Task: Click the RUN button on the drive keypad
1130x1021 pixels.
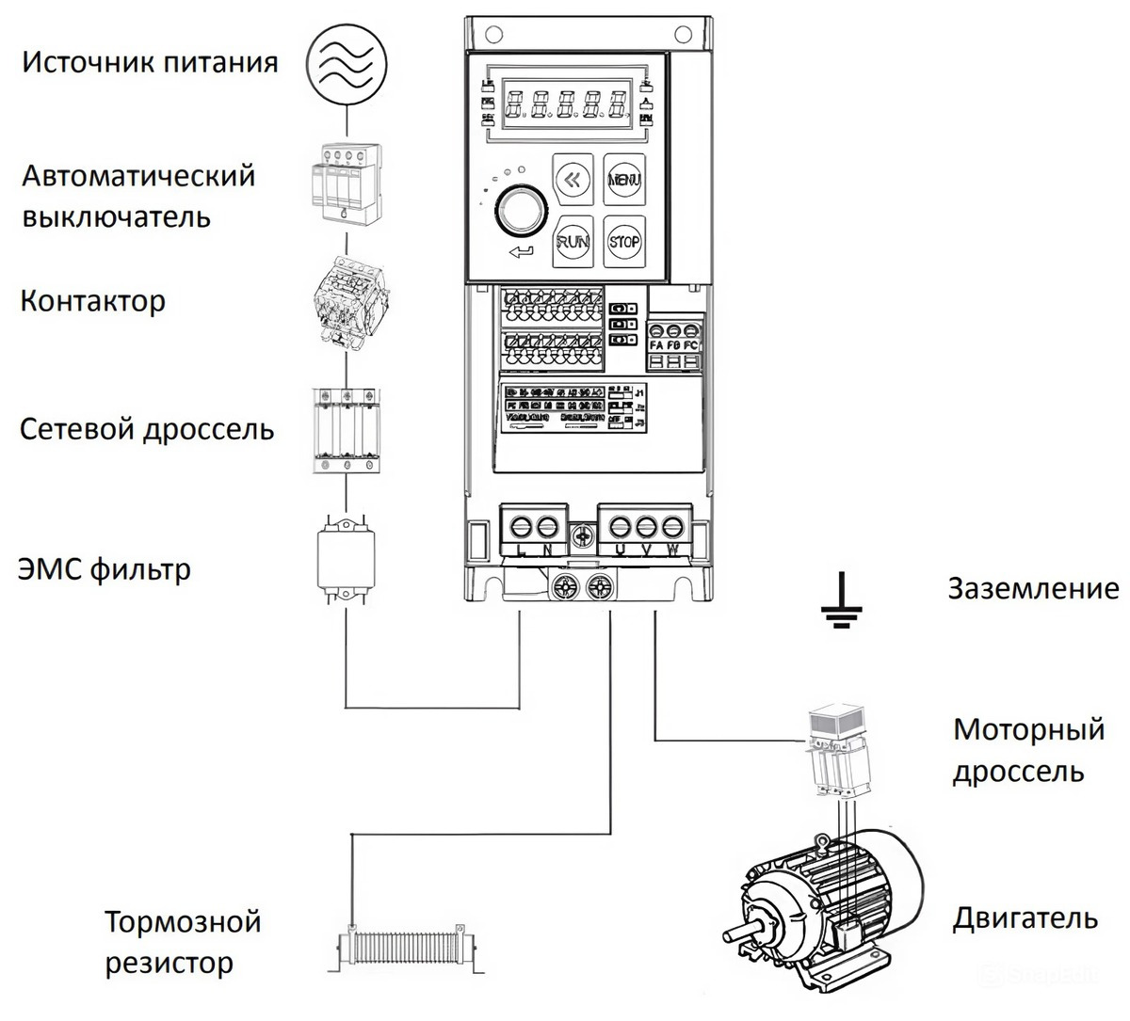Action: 573,242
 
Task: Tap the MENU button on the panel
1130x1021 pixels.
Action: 624,180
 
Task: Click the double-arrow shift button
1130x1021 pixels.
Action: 573,180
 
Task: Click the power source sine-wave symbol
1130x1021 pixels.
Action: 348,61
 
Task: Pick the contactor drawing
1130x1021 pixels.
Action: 345,302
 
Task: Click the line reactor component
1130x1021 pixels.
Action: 347,427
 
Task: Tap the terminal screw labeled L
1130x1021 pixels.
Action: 519,525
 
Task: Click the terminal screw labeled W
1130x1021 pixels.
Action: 672,525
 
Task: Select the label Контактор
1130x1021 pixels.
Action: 92,301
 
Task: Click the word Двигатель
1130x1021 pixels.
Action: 1025,918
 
